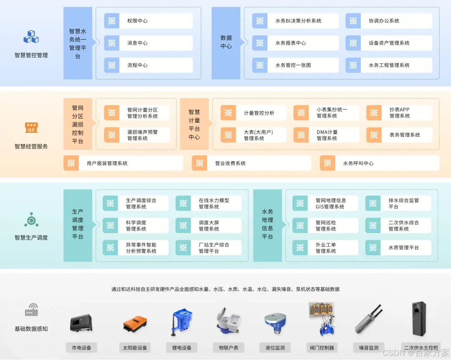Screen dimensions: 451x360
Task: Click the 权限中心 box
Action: pos(148,21)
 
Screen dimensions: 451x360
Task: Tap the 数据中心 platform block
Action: pos(226,43)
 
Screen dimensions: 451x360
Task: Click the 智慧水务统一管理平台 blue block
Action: pos(78,43)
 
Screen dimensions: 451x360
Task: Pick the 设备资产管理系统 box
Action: pos(389,43)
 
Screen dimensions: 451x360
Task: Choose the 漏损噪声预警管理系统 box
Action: pos(137,135)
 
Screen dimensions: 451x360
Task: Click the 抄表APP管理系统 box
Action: pos(399,113)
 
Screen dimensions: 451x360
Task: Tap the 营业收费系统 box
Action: pos(251,163)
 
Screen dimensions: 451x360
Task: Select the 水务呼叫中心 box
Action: pos(380,163)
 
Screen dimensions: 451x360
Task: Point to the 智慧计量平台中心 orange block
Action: pos(194,124)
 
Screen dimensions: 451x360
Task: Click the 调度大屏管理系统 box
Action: pos(208,226)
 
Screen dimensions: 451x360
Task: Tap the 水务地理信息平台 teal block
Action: pos(267,226)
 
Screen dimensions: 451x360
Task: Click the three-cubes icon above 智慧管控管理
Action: pos(31,37)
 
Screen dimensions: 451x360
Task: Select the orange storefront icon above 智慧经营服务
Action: pos(31,127)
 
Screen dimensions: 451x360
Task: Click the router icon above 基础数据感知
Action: pos(31,310)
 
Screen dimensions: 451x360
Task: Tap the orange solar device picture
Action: pos(134,324)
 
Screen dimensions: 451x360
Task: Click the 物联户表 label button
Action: pos(228,347)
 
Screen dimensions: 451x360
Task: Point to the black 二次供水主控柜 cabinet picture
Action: pos(420,319)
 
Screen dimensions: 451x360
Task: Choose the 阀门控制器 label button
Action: pos(322,347)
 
